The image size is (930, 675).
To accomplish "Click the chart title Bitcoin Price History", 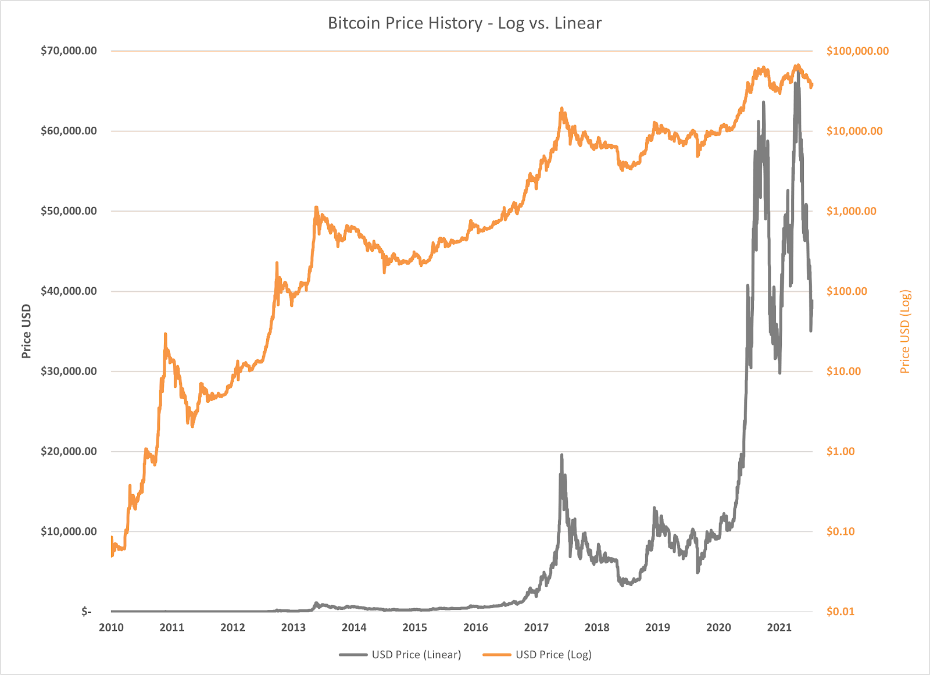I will pos(464,23).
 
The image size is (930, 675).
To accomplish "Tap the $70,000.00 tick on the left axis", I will pos(69,51).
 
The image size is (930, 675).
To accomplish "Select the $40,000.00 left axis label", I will pos(69,291).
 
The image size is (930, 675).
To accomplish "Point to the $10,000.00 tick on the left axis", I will pos(69,531).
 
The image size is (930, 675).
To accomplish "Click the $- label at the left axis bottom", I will pos(86,612).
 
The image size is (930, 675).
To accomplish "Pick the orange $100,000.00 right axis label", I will pos(857,51).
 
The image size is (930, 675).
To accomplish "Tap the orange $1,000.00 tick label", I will pos(851,211).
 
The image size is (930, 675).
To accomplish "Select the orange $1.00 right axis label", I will pos(840,452).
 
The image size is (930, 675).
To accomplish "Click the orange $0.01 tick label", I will pos(840,612).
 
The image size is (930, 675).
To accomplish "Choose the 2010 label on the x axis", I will pos(111,627).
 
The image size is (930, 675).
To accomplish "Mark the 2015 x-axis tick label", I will pos(415,627).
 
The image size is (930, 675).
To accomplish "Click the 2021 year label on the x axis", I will pos(779,627).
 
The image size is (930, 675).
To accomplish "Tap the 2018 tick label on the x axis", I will pos(597,627).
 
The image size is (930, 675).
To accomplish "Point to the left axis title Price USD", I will pos(26,331).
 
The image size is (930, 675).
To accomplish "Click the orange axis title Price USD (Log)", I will pos(905,331).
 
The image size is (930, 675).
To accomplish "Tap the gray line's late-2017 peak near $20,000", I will pos(561,455).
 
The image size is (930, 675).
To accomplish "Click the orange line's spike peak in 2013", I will pos(316,206).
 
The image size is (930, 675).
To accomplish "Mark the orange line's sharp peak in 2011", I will pos(166,334).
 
